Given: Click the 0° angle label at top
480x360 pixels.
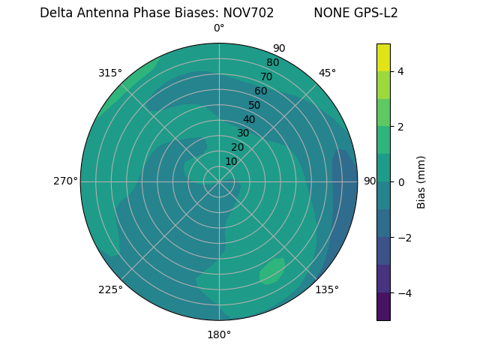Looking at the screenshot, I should click(219, 28).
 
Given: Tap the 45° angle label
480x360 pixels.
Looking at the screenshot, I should click(327, 73).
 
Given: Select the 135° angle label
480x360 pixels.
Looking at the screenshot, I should click(327, 289).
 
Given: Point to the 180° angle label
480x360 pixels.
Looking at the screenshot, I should click(219, 334).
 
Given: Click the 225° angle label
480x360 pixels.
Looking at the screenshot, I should click(110, 289).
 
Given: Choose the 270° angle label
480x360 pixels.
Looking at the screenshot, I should click(65, 181).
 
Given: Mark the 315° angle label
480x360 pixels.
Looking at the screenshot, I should click(110, 73).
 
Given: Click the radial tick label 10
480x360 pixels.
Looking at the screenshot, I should click(231, 161).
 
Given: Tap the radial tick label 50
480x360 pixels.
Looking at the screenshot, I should click(255, 105).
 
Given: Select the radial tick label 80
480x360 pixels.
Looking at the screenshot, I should click(273, 63).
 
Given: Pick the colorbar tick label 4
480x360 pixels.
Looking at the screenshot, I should click(401, 71).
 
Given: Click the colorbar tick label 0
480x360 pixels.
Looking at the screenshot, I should click(401, 182).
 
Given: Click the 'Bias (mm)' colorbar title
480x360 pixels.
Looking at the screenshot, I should click(421, 182).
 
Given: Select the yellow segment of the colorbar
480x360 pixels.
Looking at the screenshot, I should click(383, 57).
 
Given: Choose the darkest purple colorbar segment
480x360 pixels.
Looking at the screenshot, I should click(383, 307).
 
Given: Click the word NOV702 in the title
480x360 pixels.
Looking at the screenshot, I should click(248, 13).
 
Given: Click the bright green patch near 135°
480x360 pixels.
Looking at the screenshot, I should click(272, 271).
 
